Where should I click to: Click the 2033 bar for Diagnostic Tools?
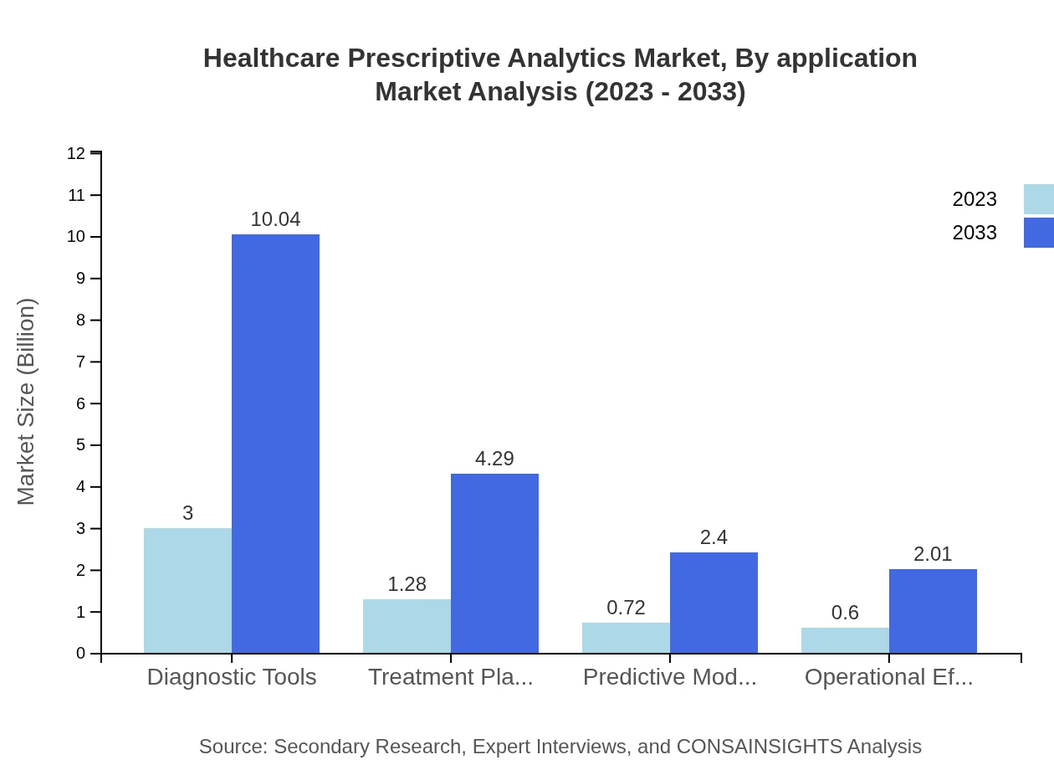tap(275, 444)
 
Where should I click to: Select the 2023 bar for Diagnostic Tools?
tap(187, 590)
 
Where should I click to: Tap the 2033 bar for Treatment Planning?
tap(494, 563)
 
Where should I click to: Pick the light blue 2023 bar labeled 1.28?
tap(407, 626)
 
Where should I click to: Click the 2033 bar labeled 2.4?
tap(714, 603)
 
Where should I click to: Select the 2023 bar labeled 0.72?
tap(626, 638)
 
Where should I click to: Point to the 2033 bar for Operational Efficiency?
tap(933, 611)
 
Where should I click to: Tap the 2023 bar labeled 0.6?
tap(845, 640)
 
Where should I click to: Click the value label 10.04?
tap(275, 219)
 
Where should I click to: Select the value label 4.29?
tap(494, 459)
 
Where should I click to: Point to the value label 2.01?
tap(933, 554)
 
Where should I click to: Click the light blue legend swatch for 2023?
tap(1038, 199)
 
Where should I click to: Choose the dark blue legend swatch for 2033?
tap(1038, 233)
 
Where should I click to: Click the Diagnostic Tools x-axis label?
tap(232, 677)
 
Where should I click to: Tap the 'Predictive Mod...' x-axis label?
tap(669, 677)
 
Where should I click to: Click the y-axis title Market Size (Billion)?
tap(26, 402)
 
